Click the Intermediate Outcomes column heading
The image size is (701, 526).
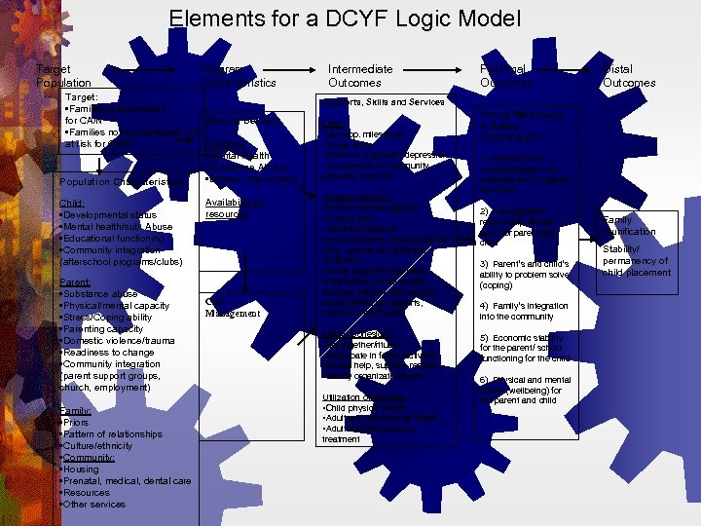[360, 76]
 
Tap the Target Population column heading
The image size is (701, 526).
[63, 76]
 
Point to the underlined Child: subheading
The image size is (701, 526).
[73, 203]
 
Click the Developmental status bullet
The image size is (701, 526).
[109, 214]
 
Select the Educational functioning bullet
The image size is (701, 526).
[113, 239]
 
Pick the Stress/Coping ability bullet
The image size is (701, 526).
[107, 317]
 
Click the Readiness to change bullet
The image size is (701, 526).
[108, 353]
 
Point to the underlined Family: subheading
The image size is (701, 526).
[76, 411]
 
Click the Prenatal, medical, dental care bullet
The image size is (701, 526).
[127, 481]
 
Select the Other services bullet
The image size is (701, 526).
[94, 505]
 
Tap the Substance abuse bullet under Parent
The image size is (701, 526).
[99, 293]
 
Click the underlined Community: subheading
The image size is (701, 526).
[89, 458]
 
